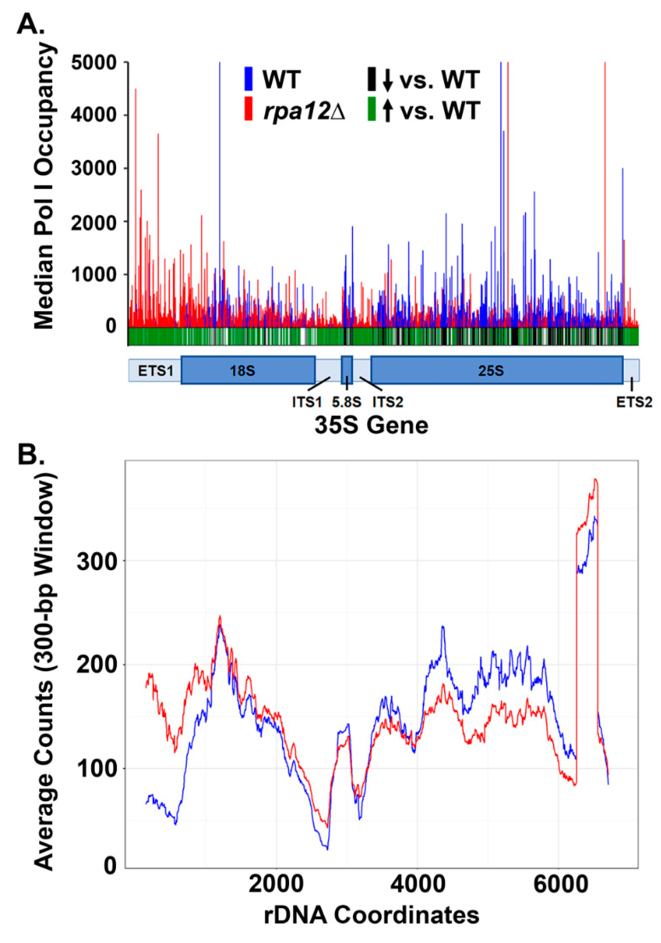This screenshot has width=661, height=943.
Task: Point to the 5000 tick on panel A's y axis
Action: (94, 62)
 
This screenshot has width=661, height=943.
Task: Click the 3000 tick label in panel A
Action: (94, 169)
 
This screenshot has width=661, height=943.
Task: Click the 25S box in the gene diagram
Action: (496, 370)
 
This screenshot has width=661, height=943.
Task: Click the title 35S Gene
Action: (371, 426)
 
